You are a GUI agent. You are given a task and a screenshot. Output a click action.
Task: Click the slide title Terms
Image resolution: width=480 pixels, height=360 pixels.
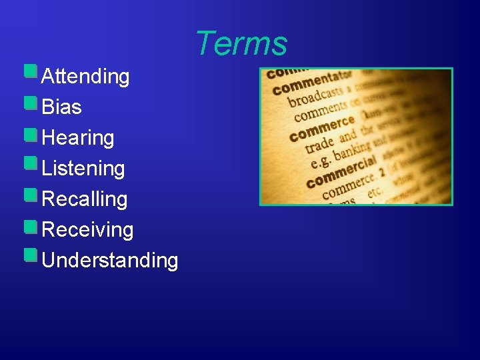pos(241,44)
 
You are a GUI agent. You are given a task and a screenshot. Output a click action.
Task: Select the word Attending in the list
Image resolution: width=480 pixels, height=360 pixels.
pos(85,77)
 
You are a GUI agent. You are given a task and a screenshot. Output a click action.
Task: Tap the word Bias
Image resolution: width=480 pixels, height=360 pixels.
pos(61,107)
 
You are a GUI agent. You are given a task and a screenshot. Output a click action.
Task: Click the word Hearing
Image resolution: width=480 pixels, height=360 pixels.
pos(77,138)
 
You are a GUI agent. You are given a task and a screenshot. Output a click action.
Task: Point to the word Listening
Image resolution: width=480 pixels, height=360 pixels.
pos(83,169)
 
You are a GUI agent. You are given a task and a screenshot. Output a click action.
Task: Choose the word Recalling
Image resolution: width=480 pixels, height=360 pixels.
pos(84,199)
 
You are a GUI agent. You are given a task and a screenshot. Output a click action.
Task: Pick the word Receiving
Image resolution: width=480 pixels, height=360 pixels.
pos(87,230)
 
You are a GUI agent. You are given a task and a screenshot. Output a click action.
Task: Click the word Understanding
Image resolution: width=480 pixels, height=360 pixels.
pos(109,261)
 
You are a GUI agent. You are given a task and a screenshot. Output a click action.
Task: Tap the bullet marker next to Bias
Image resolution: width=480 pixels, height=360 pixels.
pos(30,102)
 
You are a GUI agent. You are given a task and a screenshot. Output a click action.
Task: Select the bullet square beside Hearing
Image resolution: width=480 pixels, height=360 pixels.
pos(30,133)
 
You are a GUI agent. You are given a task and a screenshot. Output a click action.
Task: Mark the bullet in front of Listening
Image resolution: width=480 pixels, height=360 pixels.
pos(30,163)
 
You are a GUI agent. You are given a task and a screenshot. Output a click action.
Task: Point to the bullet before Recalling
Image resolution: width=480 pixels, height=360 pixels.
pos(30,194)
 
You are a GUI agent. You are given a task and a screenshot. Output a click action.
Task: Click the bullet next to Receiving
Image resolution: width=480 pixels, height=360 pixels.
pos(30,225)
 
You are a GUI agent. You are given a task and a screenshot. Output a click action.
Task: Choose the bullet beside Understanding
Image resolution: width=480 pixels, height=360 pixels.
pos(30,255)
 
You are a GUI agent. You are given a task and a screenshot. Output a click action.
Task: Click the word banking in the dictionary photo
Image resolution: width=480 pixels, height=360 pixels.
pos(351,151)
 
